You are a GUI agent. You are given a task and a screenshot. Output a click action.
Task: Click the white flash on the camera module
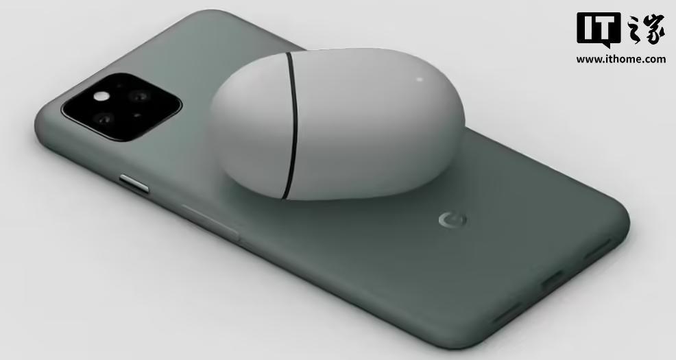click(101, 96)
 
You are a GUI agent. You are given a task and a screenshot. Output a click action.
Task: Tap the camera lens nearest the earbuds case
click(139, 96)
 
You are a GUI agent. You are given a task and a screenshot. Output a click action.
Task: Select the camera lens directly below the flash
click(104, 118)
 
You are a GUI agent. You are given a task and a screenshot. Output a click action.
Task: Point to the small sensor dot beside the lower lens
click(136, 115)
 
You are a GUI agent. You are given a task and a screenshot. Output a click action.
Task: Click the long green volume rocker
click(210, 222)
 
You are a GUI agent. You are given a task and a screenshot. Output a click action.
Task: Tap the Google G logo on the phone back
click(452, 220)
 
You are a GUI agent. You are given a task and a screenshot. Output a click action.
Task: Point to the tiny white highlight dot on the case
click(420, 79)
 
